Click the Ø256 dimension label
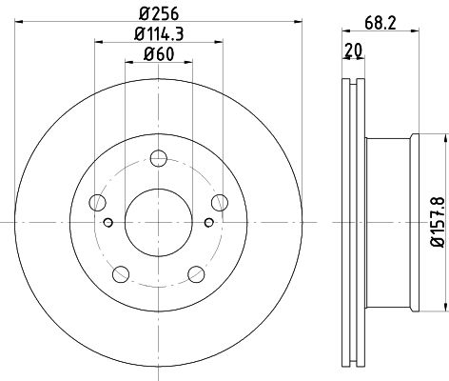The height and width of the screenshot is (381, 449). click(x=159, y=13)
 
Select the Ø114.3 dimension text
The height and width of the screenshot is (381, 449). click(x=159, y=34)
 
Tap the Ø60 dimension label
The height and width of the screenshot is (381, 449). click(x=159, y=54)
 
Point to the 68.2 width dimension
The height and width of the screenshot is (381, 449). click(x=381, y=23)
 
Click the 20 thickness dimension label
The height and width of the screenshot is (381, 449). click(x=354, y=50)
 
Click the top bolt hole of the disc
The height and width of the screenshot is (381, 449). click(x=159, y=158)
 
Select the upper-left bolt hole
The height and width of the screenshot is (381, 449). click(x=97, y=203)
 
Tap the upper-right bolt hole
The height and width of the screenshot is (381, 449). click(x=220, y=203)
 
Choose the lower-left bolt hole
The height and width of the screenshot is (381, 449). click(x=121, y=274)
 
